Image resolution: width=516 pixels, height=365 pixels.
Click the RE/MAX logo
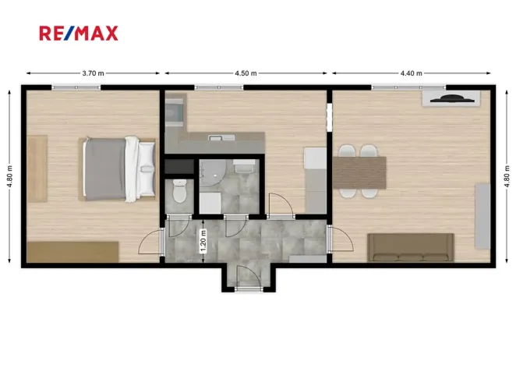point(79,33)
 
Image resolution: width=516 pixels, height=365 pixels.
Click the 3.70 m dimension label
point(92,73)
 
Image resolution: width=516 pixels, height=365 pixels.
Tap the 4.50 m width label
point(246,73)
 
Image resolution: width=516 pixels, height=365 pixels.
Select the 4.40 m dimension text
point(411,73)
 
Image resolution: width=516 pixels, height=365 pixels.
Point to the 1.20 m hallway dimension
point(203,242)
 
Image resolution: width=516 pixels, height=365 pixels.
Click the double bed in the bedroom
point(118,168)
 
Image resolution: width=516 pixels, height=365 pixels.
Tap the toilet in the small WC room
point(179,192)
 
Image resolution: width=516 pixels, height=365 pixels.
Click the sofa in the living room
point(411,247)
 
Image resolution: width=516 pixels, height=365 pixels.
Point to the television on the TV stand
point(451,98)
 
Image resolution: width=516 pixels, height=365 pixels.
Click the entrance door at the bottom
point(247,278)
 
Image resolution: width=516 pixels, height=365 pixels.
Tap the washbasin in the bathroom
point(243,167)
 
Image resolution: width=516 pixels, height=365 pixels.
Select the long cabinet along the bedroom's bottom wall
point(72,252)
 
